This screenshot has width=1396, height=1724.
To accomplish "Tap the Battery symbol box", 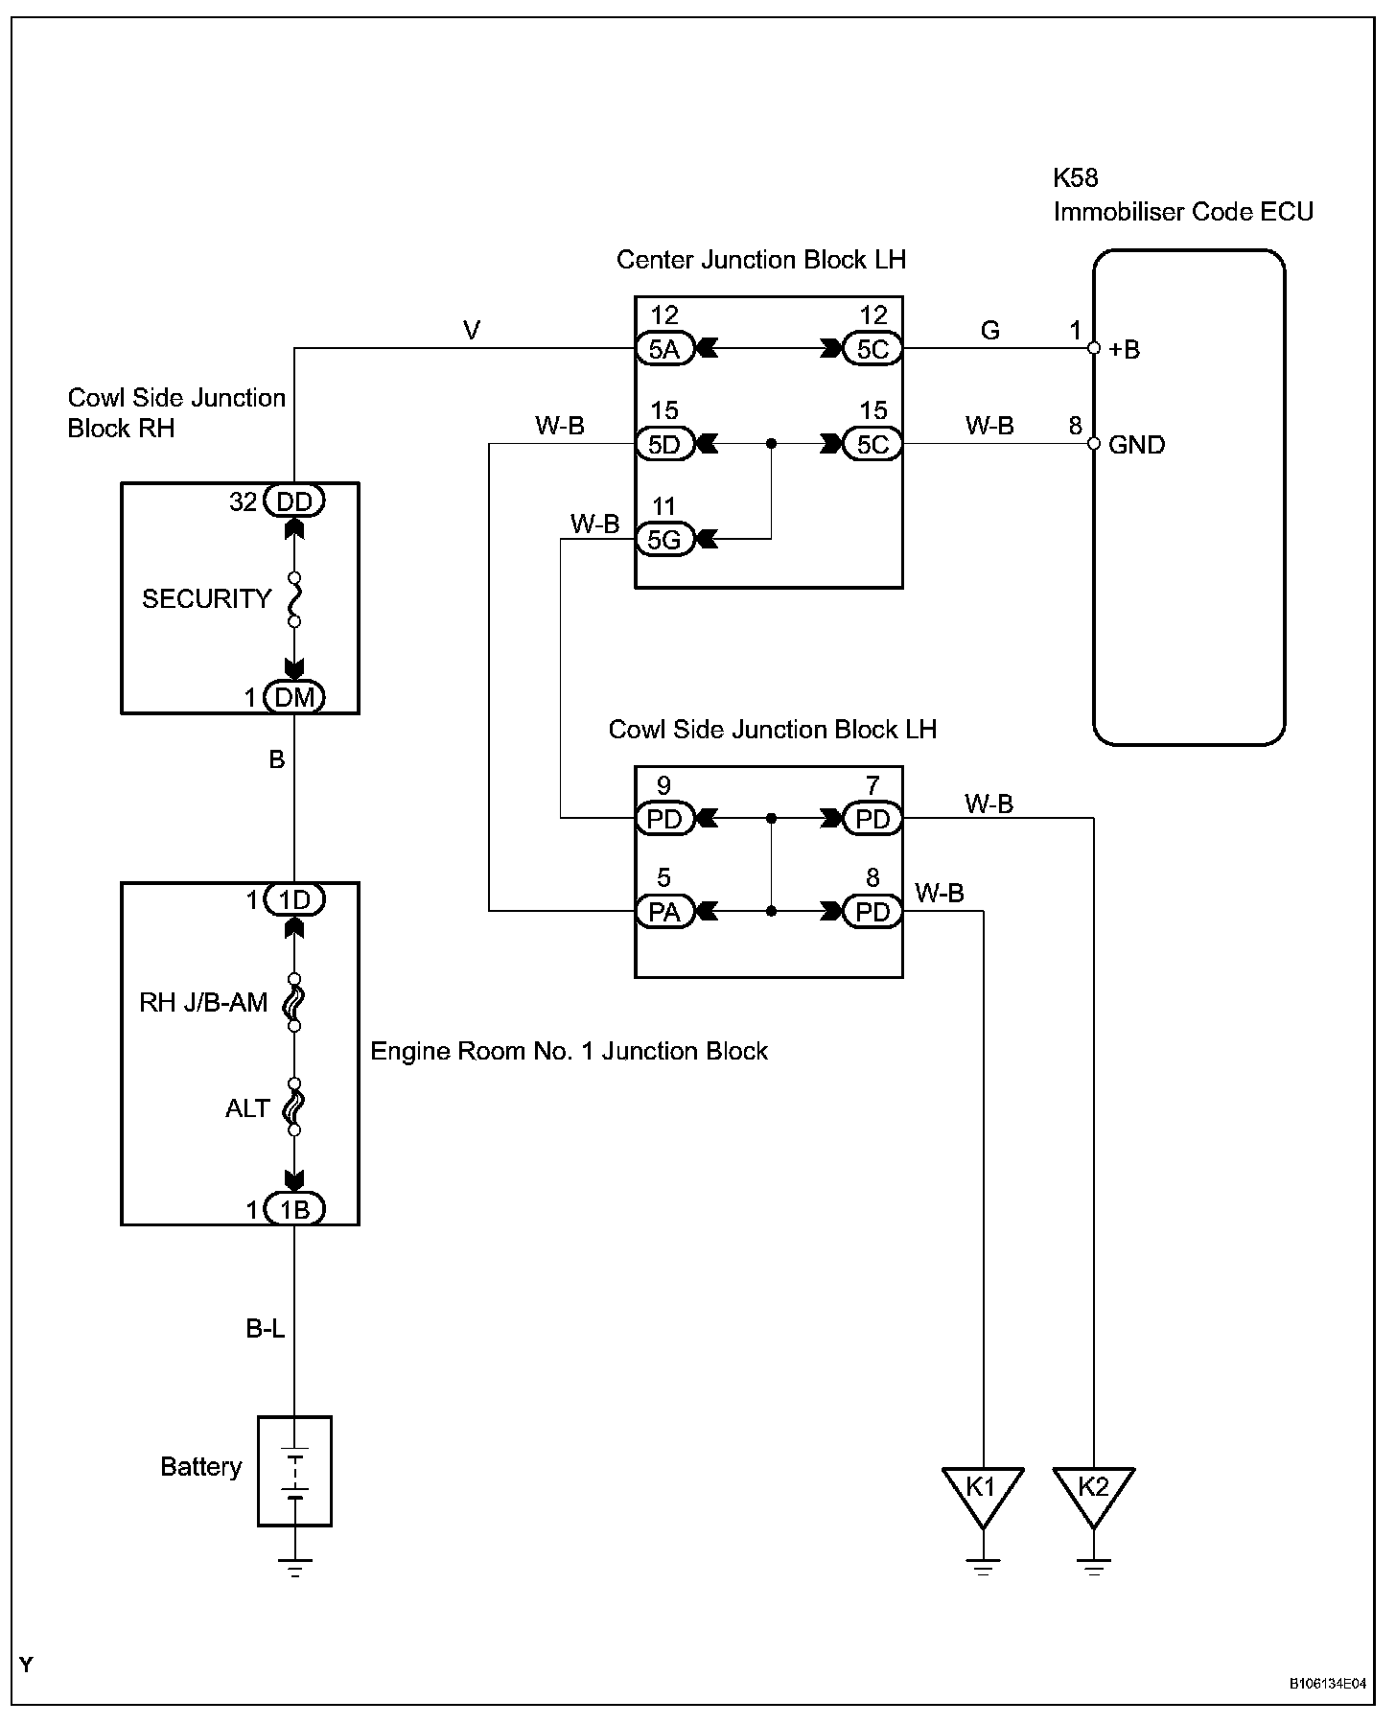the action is click(x=294, y=1471).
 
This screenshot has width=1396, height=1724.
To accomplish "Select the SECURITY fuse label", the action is click(x=206, y=599).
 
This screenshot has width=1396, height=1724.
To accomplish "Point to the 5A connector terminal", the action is click(x=664, y=348).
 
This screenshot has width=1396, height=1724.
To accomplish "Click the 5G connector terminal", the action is click(x=664, y=540).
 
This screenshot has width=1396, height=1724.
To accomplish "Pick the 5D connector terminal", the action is click(x=664, y=444).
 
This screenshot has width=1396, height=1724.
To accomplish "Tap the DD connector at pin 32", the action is click(x=294, y=501).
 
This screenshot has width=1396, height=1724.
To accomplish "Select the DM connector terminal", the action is click(x=294, y=697).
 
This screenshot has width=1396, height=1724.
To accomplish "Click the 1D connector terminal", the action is click(x=294, y=899).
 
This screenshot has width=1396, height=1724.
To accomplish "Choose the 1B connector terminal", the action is click(x=294, y=1210).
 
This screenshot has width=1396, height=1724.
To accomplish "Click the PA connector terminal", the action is click(x=664, y=911).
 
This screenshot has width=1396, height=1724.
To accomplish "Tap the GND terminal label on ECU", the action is click(x=1136, y=445).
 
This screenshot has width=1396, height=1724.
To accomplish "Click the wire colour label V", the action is click(x=472, y=331).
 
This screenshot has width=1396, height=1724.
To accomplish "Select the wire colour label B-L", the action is click(x=266, y=1329).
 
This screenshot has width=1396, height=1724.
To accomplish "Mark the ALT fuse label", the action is click(x=247, y=1108).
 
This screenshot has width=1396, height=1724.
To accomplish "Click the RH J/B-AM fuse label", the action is click(x=203, y=1004).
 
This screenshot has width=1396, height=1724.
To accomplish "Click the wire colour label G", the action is click(x=990, y=331).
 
